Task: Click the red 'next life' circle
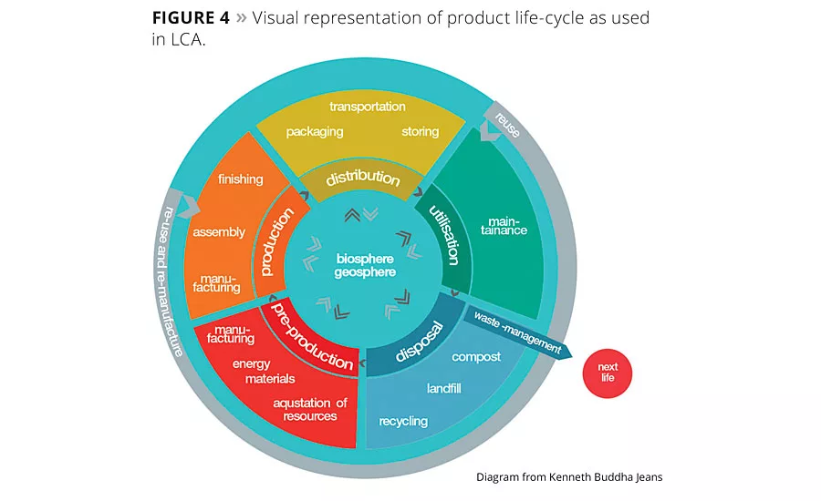[x=608, y=373]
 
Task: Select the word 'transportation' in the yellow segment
[x=368, y=107]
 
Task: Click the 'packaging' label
[x=315, y=131]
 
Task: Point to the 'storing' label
[x=421, y=131]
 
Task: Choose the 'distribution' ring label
[x=363, y=177]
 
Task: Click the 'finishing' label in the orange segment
[x=241, y=179]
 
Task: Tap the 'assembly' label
[x=219, y=231]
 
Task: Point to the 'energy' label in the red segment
[x=251, y=364]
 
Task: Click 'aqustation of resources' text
[x=310, y=409]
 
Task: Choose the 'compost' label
[x=476, y=357]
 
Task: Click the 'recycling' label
[x=403, y=421]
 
